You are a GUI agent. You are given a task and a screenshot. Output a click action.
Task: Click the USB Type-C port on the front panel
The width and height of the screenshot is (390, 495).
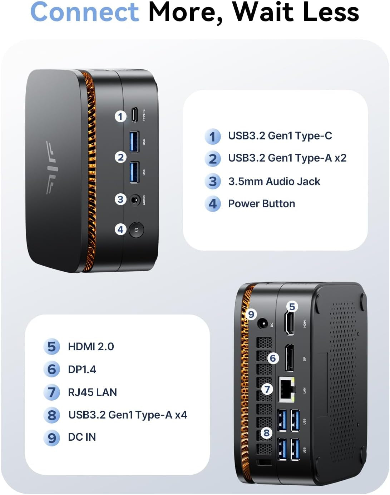pos(134,114)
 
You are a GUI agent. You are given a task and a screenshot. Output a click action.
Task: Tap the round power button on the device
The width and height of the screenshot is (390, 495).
pos(136,230)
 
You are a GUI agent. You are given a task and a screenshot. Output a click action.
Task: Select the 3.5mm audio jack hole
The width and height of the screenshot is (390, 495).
pos(135,200)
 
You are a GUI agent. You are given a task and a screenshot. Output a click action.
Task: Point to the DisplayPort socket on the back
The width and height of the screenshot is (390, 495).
pos(289,358)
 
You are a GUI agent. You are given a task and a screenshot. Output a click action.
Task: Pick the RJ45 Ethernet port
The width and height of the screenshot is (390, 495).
pos(287,390)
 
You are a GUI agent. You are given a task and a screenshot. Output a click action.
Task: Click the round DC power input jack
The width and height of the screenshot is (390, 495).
pos(263,324)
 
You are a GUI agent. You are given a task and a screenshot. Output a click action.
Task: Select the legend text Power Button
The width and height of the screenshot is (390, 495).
pos(261,204)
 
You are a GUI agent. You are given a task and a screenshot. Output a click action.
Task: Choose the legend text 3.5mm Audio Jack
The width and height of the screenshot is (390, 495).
pos(274,182)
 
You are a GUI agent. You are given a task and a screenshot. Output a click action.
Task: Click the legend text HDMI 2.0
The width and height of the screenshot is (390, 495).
pos(91,347)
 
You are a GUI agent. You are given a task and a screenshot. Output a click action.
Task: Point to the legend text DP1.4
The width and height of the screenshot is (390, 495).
pos(82,370)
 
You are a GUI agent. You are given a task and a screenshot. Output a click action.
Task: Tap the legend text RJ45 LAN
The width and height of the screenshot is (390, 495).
pos(92,392)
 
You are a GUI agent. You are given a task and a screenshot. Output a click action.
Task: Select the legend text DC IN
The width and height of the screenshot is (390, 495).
pos(82,437)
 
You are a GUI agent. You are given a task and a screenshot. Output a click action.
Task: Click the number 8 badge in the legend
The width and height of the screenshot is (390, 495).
pos(52,415)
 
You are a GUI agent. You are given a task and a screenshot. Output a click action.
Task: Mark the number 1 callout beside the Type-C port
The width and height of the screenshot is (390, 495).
pos(120,116)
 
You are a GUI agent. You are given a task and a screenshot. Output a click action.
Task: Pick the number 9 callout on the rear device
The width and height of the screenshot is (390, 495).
pos(251,314)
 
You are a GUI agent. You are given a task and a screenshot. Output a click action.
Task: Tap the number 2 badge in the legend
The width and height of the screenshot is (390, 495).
pos(213,159)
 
